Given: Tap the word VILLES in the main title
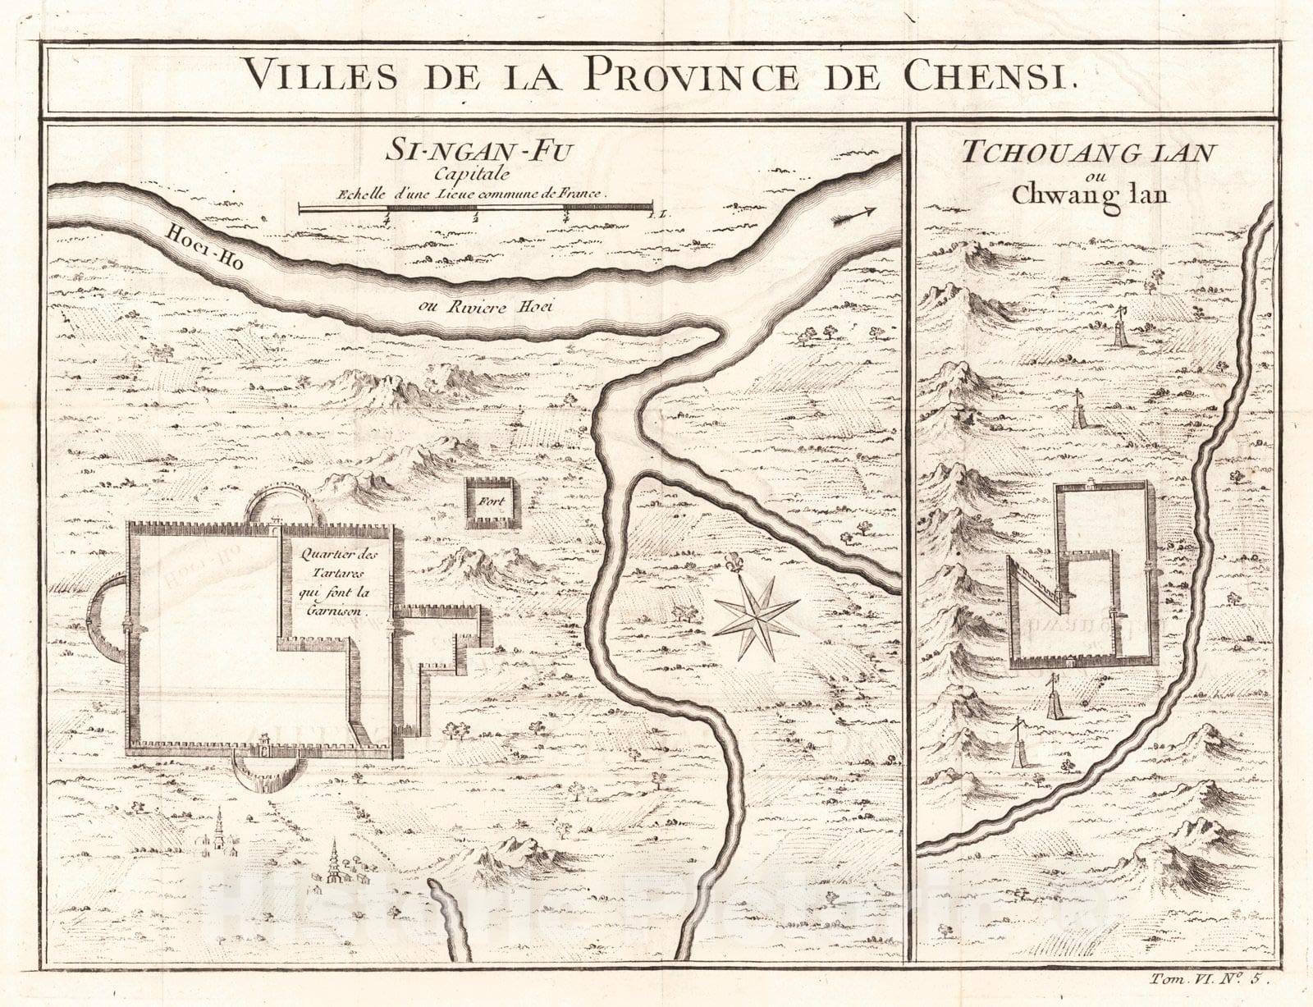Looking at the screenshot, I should pos(321,76).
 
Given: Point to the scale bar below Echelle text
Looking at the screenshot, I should pos(476,210).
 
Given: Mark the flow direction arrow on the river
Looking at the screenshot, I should pos(853,215).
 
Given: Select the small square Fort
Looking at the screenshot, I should pos(493,503).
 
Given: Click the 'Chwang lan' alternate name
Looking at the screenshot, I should pos(1090,195).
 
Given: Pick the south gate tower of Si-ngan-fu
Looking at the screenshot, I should pos(265,745).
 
